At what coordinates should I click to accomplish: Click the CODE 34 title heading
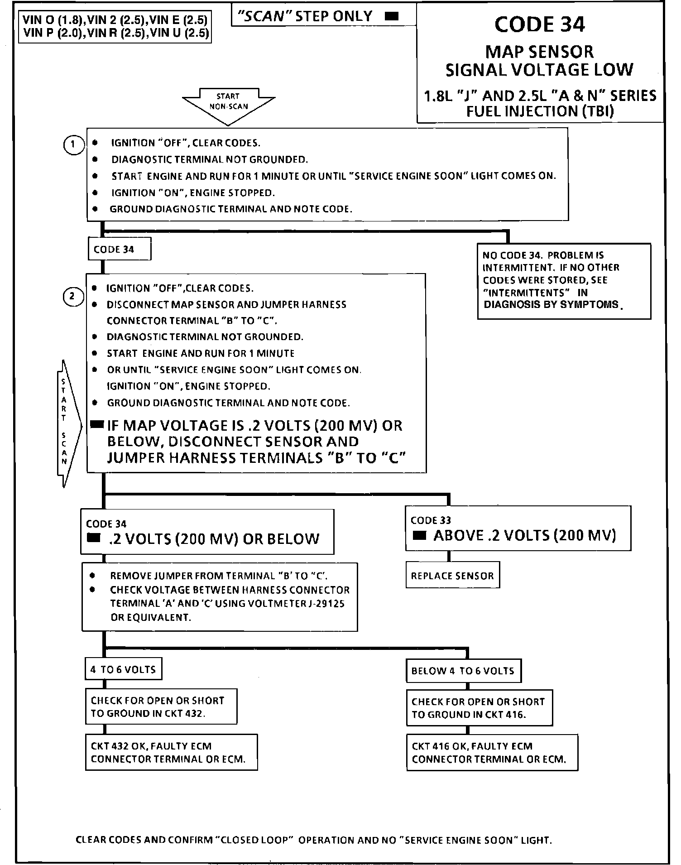coord(539,24)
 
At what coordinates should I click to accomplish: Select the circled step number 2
coord(73,297)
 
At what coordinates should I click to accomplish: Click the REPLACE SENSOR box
coord(452,576)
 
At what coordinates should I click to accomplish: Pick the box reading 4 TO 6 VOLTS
coord(123,669)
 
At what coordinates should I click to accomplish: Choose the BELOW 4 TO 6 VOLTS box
coord(463,671)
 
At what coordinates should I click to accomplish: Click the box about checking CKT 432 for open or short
coord(161,706)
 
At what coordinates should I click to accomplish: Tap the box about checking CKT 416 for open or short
coord(479,708)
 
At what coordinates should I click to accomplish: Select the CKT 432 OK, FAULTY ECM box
coord(171,752)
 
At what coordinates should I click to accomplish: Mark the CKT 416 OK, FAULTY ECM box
coord(492,752)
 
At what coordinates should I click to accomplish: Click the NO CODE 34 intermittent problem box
coord(564,281)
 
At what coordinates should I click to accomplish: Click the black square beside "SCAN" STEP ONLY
coord(392,17)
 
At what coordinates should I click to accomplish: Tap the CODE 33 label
coord(431,520)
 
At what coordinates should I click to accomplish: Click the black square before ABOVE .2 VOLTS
coord(420,536)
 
